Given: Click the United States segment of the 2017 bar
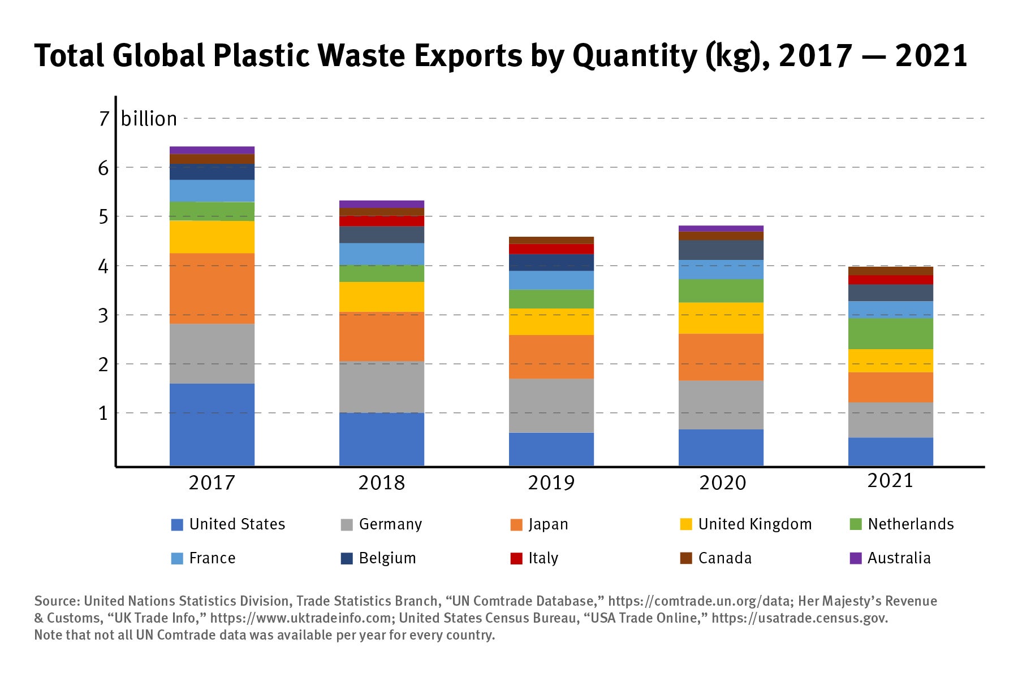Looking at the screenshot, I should (212, 425).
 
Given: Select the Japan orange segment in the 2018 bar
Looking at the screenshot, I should (382, 336).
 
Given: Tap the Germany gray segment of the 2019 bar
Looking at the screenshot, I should (551, 405).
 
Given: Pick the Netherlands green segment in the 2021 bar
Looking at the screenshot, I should (891, 333).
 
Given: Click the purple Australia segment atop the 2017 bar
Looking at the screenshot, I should (212, 150).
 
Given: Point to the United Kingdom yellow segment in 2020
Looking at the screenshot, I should (721, 318).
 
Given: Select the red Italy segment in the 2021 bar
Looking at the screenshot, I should (891, 280).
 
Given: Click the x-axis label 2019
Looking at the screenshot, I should (551, 483).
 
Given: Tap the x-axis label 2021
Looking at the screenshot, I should (890, 481).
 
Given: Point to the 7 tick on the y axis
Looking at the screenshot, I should (103, 119).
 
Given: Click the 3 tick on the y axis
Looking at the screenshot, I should (103, 315).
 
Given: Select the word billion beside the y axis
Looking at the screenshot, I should (149, 119).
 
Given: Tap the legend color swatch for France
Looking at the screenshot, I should (177, 558).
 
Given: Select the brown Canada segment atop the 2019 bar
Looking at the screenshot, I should (551, 240).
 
